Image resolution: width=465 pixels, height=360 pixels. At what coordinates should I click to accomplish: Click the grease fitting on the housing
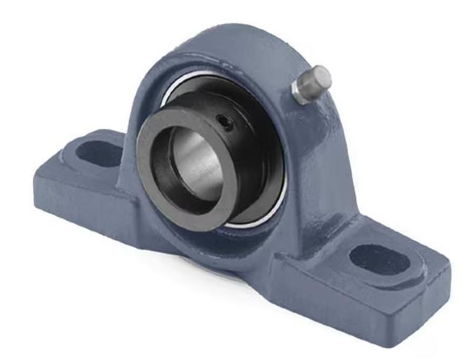311,84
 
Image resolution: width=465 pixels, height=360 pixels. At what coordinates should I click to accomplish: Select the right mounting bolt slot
379,259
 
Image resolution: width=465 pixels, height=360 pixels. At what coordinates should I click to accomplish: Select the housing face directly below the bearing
232,247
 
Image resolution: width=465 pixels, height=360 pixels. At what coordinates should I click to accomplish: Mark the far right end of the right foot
448,271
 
